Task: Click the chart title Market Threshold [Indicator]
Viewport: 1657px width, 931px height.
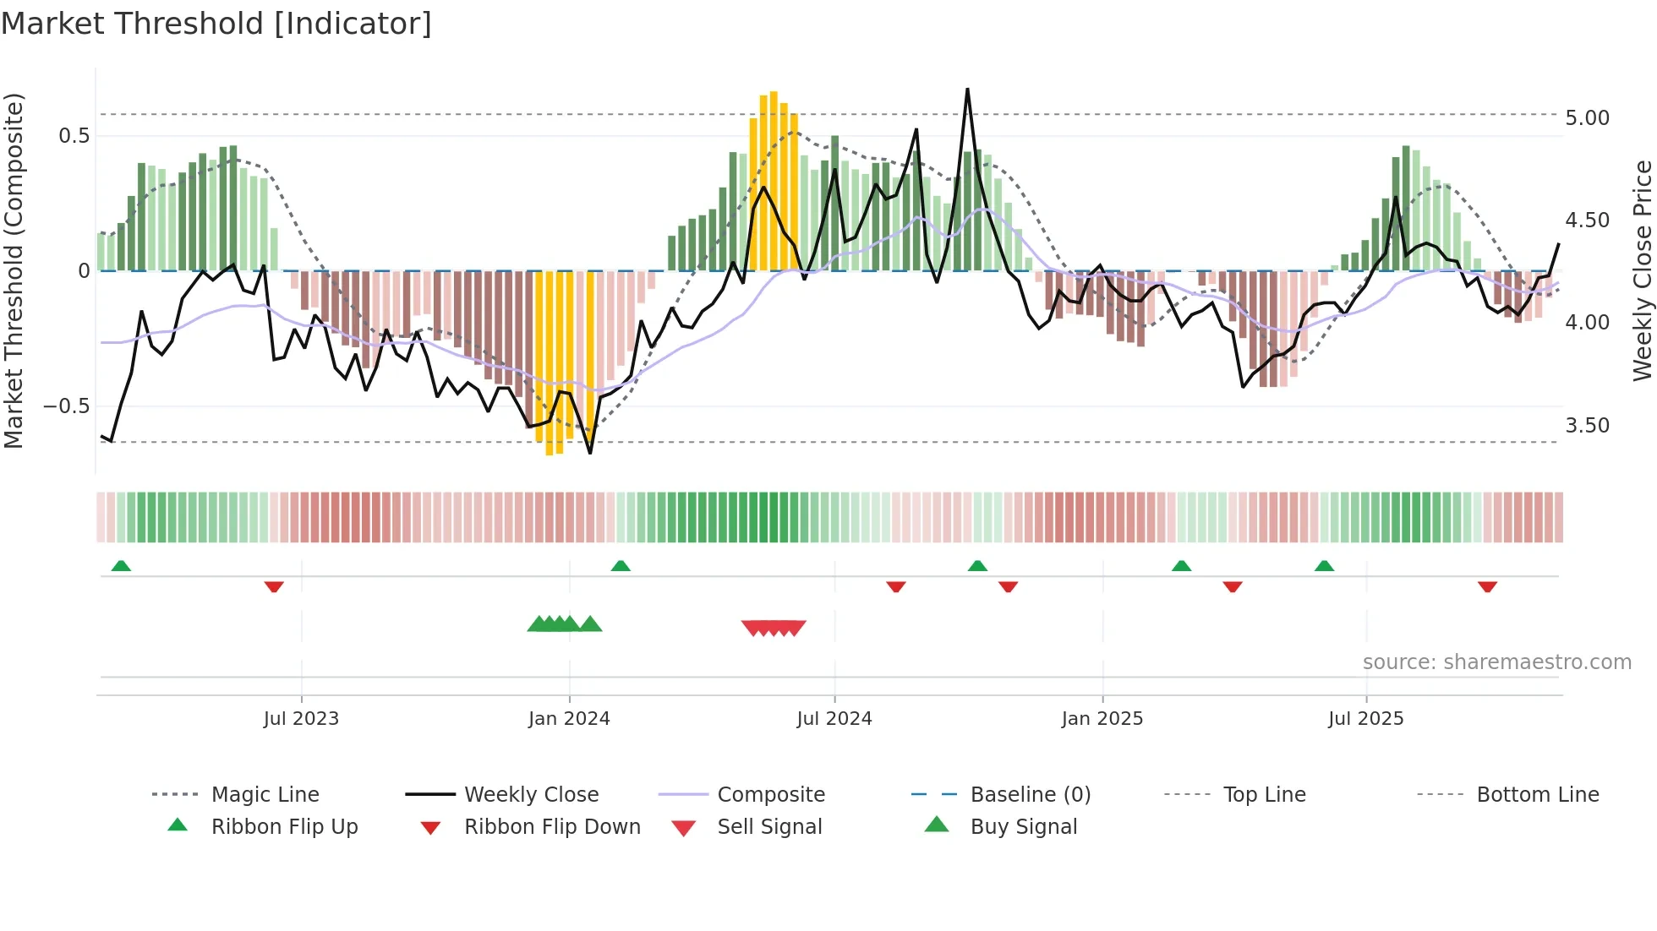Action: (216, 24)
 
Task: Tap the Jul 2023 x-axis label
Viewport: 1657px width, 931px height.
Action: (301, 719)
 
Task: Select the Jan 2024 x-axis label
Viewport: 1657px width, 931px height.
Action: (569, 719)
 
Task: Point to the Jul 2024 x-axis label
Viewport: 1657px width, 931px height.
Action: (834, 719)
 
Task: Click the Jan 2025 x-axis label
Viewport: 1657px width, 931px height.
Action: (1102, 719)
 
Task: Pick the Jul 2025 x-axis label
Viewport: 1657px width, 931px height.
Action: (1366, 719)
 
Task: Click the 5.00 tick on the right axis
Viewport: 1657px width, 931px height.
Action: (1587, 118)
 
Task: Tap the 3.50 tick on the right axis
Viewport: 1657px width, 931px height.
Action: (1587, 426)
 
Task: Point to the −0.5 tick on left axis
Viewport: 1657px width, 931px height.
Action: (66, 406)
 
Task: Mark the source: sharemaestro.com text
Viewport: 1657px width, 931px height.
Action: (1496, 662)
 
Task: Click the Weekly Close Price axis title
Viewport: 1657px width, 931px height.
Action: (1642, 270)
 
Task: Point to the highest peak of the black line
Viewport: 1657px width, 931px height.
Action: (967, 90)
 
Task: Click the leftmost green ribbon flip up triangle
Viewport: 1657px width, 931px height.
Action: (121, 565)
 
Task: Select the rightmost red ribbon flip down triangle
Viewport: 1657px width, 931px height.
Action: (1487, 586)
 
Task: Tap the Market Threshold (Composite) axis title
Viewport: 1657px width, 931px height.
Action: (14, 270)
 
